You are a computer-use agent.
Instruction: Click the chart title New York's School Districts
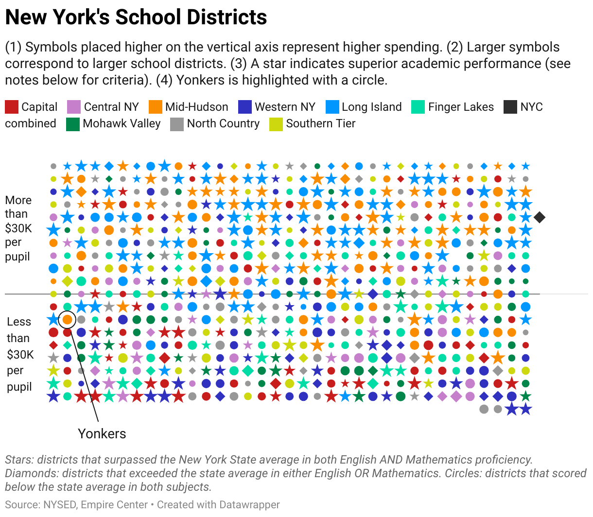[136, 17]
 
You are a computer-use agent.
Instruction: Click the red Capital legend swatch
[12, 107]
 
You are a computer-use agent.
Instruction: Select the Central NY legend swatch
[73, 107]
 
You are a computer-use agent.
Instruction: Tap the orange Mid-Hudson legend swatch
[156, 107]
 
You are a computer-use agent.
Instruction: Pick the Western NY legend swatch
[245, 107]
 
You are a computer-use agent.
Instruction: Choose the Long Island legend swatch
[332, 107]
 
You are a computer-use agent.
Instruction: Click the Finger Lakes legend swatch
[418, 107]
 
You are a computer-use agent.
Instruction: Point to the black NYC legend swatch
[510, 107]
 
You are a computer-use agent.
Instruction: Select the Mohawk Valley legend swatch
[73, 124]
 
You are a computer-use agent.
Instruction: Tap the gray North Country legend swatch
[177, 124]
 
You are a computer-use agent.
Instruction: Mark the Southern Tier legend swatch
[276, 124]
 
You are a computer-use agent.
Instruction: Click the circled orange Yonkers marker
[67, 320]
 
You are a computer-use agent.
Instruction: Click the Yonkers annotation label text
[102, 433]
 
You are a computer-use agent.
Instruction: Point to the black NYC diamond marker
[540, 217]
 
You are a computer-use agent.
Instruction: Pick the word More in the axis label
[18, 200]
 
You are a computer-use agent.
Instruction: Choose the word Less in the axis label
[19, 322]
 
